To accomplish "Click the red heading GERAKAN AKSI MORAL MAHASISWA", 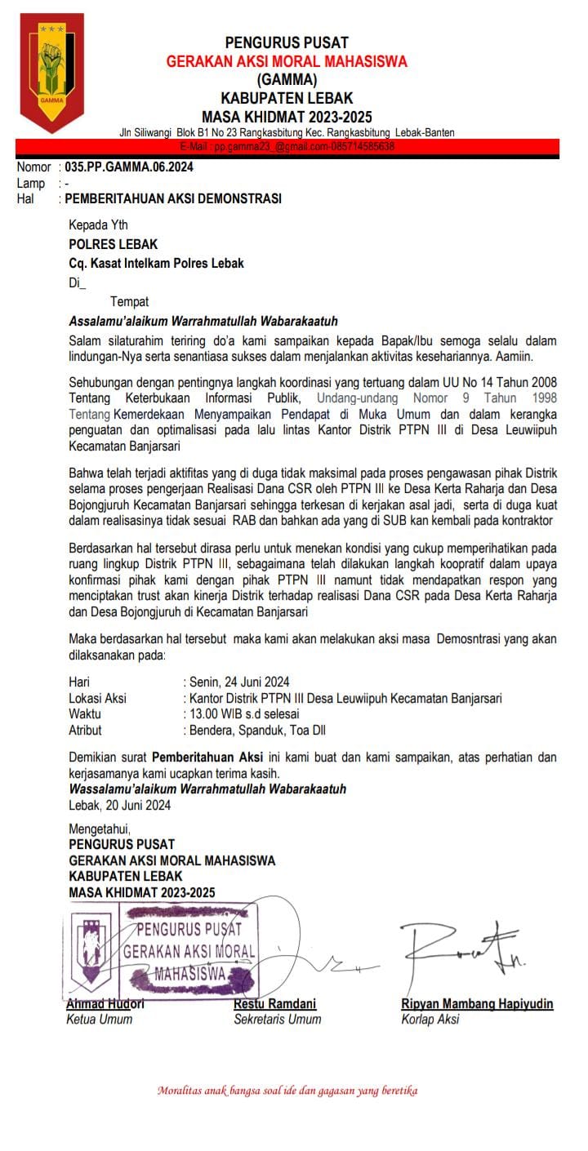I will click(286, 61).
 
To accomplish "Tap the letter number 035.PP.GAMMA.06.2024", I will click(129, 167).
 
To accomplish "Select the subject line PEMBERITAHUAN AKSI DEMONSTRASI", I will click(173, 198).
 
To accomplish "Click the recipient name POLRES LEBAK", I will click(114, 244).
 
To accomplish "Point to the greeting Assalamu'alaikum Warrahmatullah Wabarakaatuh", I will click(203, 321).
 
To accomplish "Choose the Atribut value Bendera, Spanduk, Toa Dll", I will click(257, 731).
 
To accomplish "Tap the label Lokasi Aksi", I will click(97, 698).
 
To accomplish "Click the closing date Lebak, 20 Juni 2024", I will click(120, 805).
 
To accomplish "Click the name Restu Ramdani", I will click(275, 1003).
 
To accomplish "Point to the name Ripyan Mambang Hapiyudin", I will click(477, 1003).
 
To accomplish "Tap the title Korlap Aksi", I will click(430, 1019).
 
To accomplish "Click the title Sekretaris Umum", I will click(278, 1019).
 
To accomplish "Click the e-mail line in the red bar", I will click(287, 147).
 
